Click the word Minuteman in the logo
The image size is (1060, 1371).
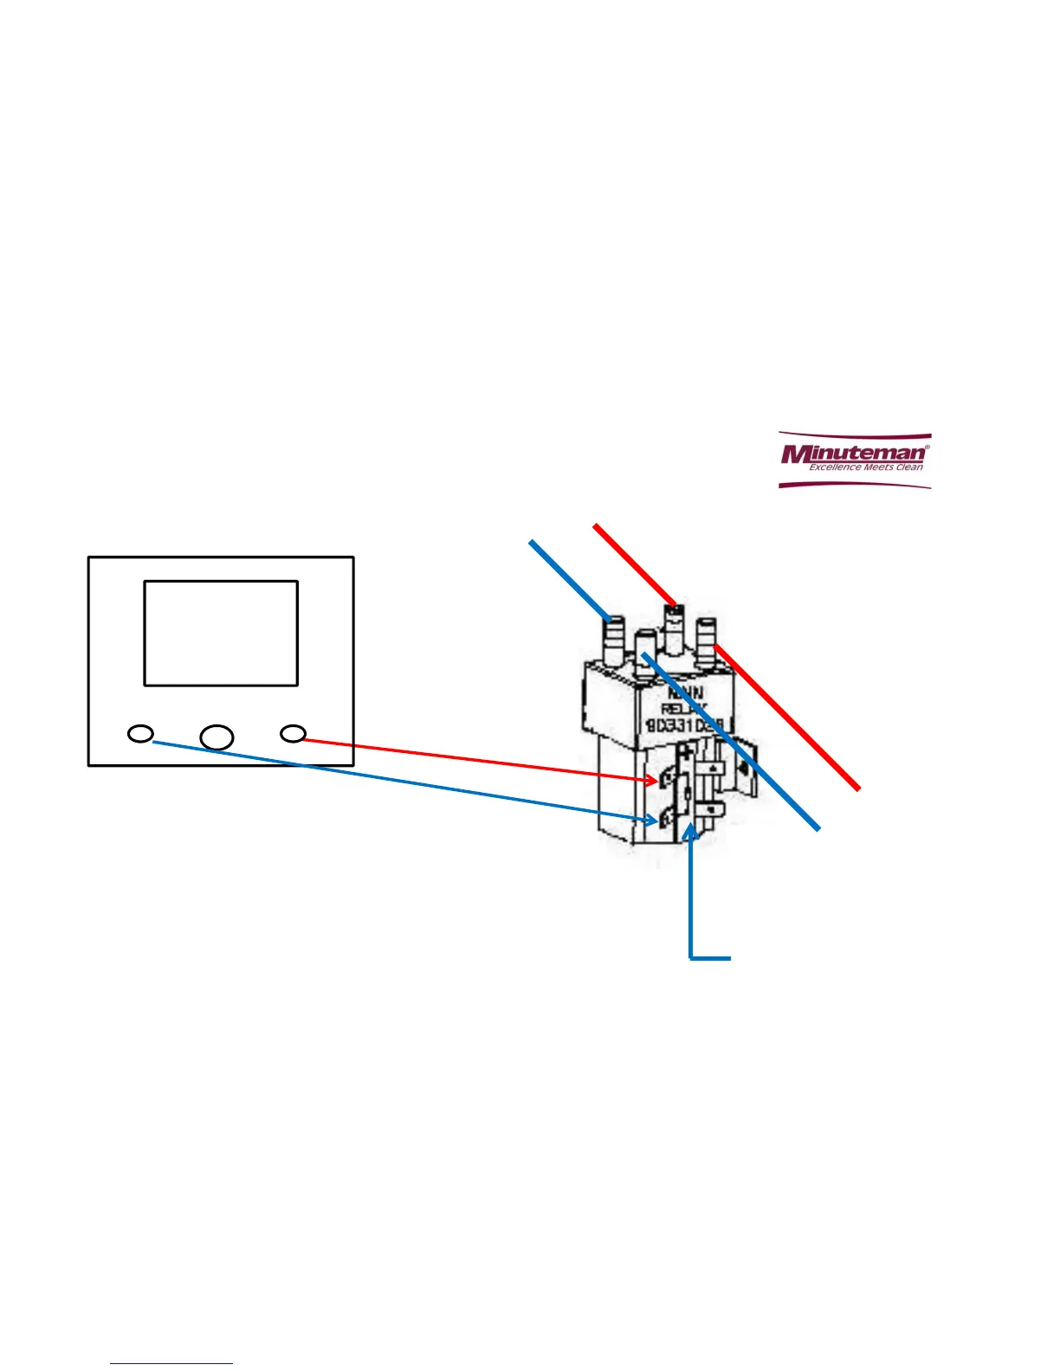pos(853,453)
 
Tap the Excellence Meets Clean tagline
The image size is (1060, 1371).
pos(865,467)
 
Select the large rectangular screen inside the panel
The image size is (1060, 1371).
pos(221,633)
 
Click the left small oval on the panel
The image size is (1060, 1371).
pos(140,734)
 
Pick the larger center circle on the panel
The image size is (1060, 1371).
pos(217,737)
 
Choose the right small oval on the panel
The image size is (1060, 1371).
pos(294,734)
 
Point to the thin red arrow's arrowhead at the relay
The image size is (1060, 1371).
pos(655,781)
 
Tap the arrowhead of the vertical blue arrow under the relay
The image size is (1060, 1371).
pos(690,831)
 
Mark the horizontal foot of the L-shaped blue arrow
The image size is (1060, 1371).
pos(711,958)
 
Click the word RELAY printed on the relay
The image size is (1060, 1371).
pos(684,709)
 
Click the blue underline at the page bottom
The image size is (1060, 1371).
pos(171,1364)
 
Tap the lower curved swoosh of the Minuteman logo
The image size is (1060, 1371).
pos(854,485)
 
